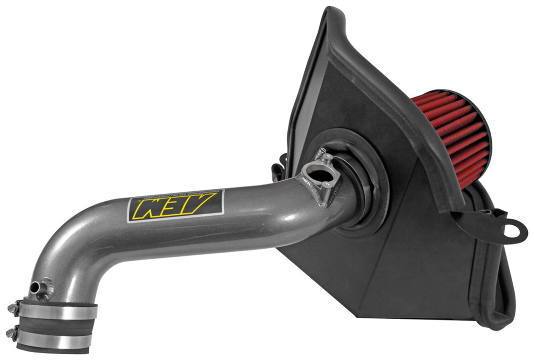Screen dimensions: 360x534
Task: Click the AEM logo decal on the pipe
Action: point(176,206)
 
